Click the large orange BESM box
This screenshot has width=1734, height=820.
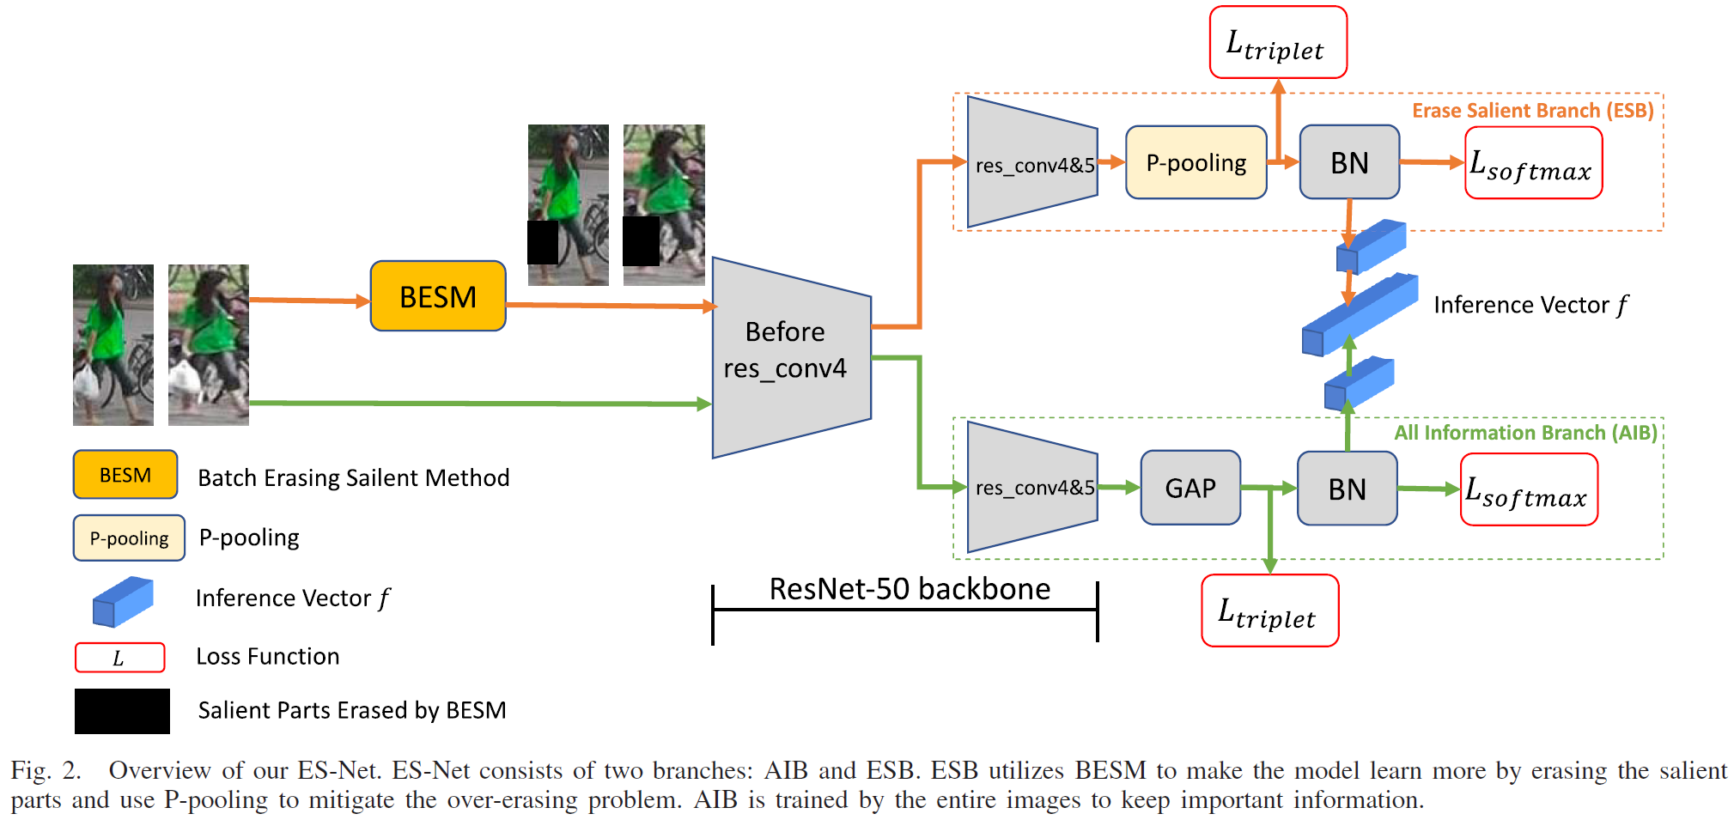438,296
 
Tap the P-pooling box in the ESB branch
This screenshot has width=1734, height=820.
1196,162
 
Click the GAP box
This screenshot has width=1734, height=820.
1190,488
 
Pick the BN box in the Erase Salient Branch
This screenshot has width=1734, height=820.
1349,162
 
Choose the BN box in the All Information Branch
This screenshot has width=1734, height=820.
1347,489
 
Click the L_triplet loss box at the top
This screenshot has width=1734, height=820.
1278,43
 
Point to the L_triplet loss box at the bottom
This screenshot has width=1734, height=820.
1269,611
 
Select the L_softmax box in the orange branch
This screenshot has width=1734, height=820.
1533,163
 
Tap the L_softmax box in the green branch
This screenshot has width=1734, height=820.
1529,489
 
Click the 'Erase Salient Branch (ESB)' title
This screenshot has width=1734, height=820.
1532,111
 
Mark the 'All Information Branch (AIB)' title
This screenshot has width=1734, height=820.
1525,433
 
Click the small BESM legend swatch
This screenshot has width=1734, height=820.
125,475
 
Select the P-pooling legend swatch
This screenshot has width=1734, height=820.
129,538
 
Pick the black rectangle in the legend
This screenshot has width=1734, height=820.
122,711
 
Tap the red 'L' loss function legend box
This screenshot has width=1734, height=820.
119,658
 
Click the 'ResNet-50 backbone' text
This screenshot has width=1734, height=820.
910,589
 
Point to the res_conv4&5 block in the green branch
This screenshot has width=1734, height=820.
1033,488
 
